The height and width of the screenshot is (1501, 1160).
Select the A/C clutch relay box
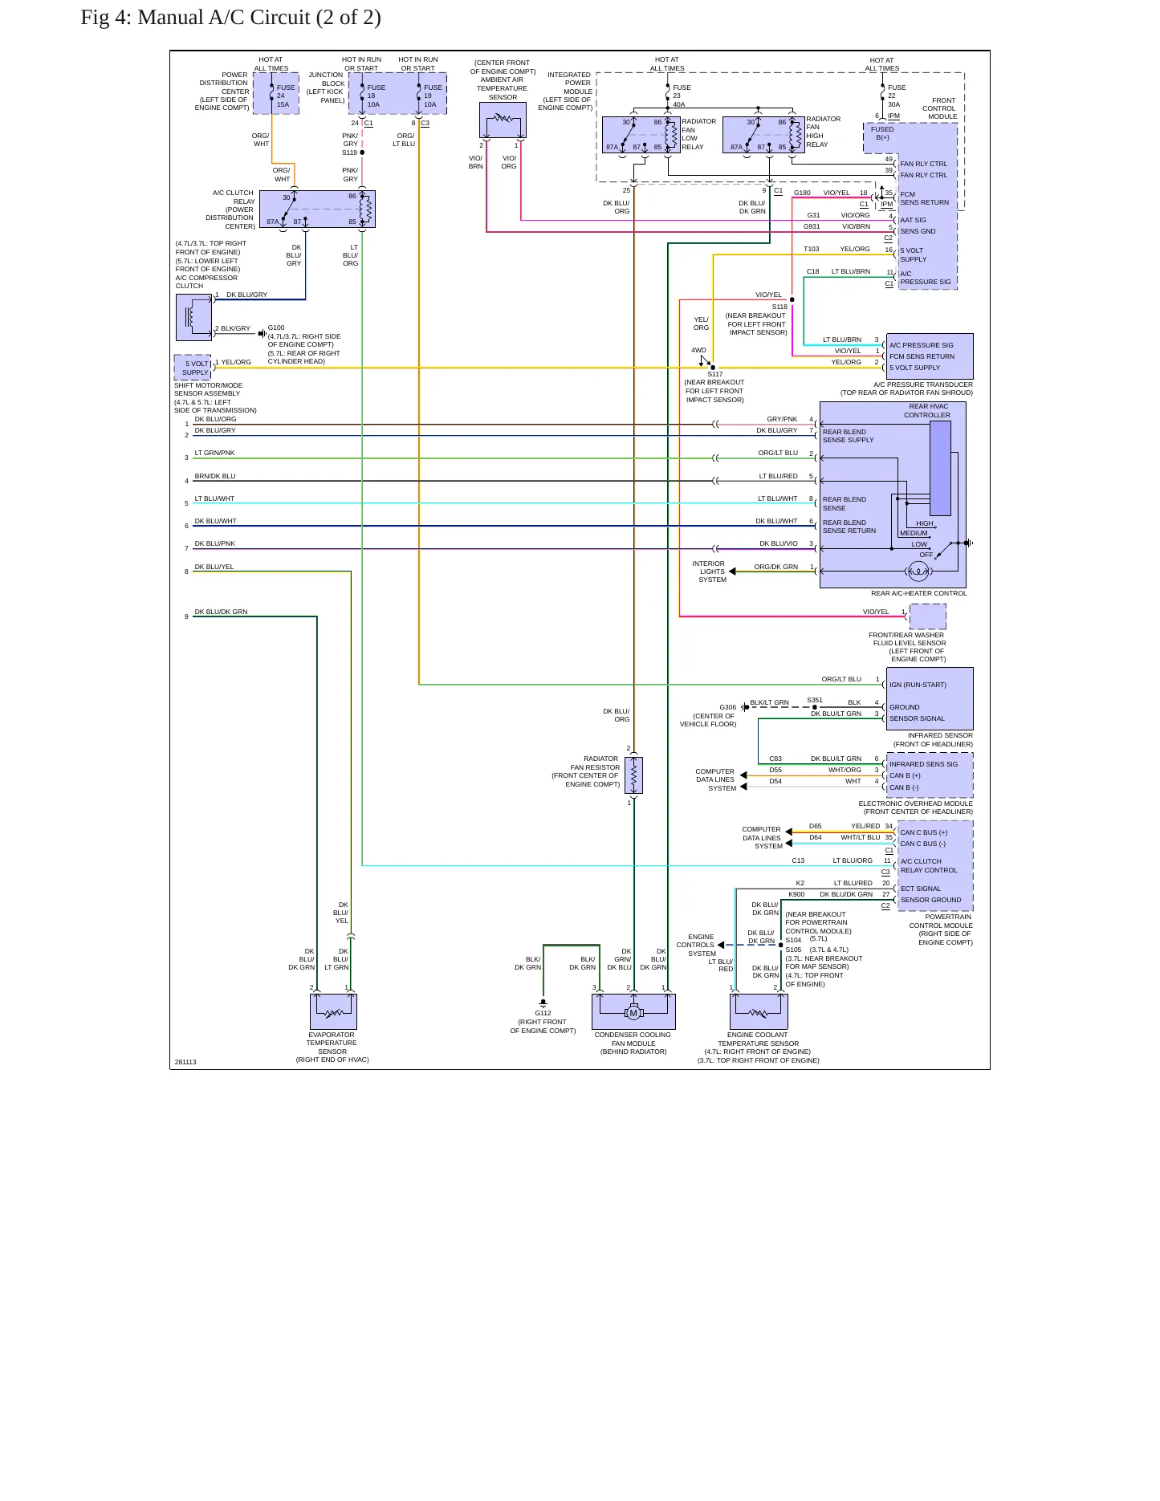328,209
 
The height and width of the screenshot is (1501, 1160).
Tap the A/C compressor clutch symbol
193,318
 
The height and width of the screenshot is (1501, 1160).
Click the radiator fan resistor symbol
633,775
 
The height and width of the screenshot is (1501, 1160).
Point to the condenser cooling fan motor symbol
633,1012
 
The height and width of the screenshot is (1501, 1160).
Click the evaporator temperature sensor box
333,1012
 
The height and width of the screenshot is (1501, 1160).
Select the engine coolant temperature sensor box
759,1012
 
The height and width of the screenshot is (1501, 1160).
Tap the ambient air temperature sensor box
503,120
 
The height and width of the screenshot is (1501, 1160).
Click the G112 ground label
543,1013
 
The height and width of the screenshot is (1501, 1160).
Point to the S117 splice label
714,374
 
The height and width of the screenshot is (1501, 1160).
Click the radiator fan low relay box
641,135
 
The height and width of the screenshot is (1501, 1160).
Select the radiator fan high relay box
763,135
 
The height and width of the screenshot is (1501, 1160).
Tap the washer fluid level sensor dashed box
927,616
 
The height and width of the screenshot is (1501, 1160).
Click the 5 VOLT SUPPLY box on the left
193,368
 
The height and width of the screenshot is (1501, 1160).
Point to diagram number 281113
185,1062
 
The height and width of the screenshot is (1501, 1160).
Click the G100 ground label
276,327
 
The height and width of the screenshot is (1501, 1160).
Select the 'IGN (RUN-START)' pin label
918,685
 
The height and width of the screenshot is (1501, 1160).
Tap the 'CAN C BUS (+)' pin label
923,832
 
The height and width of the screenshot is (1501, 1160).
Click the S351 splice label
815,700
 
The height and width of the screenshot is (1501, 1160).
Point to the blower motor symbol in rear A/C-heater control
918,572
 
